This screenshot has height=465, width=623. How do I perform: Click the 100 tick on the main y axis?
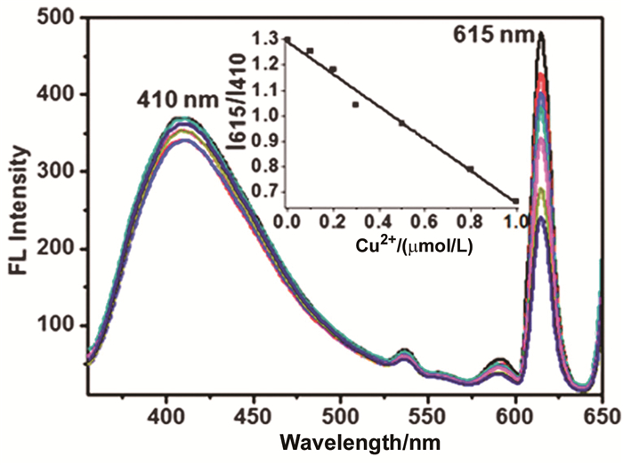click(x=59, y=325)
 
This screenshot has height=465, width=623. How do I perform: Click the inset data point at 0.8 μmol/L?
click(x=470, y=168)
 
